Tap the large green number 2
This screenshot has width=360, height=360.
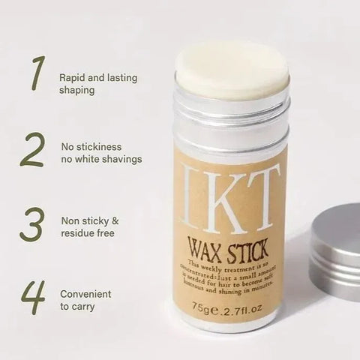coord(31,149)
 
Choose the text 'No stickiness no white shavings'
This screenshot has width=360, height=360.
coord(101,153)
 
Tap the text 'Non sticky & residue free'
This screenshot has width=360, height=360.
coord(88,227)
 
